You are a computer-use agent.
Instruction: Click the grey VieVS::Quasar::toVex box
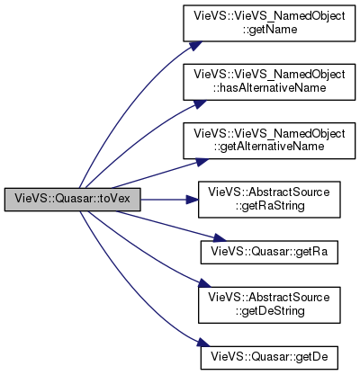point(72,200)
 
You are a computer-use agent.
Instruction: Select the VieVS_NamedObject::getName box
point(269,23)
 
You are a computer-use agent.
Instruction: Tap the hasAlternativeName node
point(269,82)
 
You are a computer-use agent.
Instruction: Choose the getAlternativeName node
point(269,140)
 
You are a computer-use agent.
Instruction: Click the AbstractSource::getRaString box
point(269,200)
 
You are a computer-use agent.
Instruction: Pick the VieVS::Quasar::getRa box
point(269,252)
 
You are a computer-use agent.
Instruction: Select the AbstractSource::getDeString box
point(269,305)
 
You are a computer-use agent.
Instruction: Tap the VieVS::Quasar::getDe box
point(269,358)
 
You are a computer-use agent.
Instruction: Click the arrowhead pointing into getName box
point(194,46)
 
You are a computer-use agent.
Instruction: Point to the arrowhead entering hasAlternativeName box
point(199,103)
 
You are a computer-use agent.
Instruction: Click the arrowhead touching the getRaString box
point(192,200)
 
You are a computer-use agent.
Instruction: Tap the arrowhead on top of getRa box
point(219,238)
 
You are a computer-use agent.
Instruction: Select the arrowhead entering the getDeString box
point(205,283)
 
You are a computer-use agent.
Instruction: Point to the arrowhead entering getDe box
point(202,343)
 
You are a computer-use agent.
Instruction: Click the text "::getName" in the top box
point(270,30)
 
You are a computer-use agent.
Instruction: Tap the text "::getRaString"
point(270,206)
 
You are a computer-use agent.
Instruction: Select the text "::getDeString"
point(270,311)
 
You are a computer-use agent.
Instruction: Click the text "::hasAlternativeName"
point(269,88)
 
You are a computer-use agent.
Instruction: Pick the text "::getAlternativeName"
point(269,147)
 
